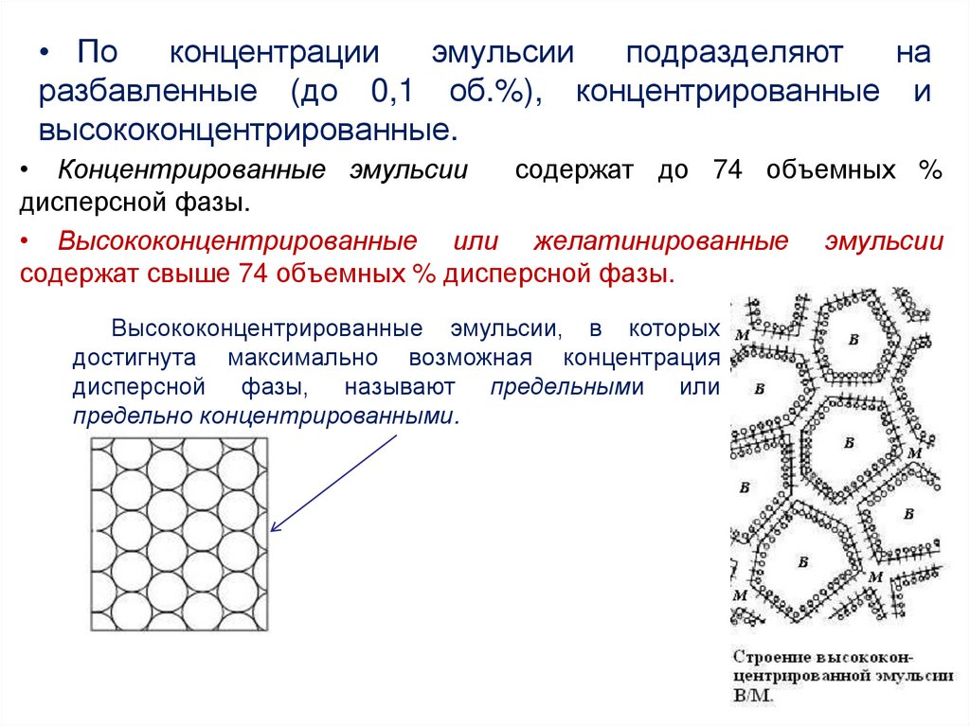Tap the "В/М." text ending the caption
(x=754, y=696)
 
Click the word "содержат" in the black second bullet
(x=572, y=170)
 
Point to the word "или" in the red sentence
(x=476, y=240)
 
